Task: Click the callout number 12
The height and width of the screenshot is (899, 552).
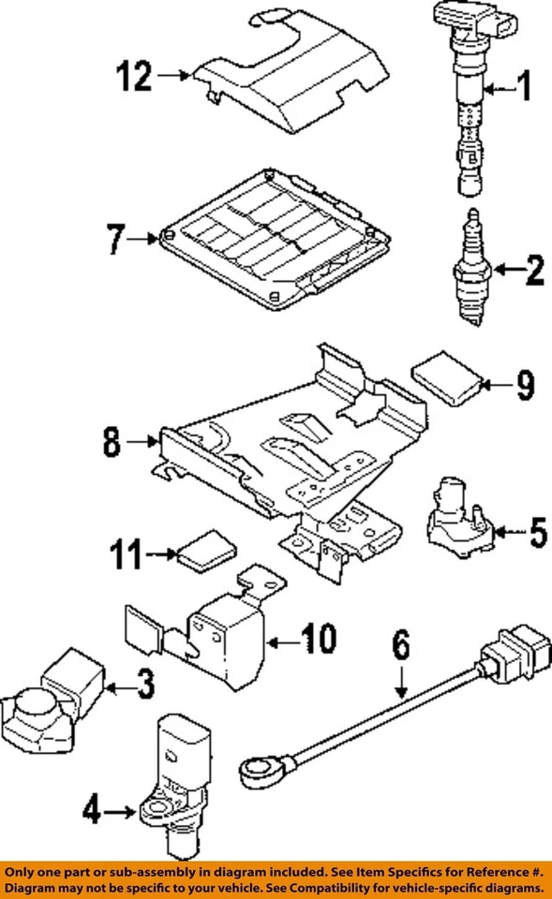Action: click(x=133, y=77)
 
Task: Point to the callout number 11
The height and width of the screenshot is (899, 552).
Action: click(x=131, y=557)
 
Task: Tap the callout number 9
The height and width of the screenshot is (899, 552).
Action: click(x=524, y=384)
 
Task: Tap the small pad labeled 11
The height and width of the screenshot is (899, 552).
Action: click(x=203, y=553)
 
